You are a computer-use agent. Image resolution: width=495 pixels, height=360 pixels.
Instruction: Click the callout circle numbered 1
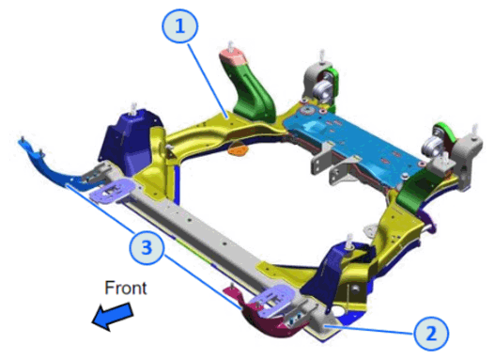coord(180,26)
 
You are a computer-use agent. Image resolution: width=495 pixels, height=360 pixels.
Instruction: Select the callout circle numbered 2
coord(431,334)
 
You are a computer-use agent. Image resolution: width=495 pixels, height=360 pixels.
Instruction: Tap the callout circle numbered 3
coord(147,246)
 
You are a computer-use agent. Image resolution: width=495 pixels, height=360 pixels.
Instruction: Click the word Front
coord(126,288)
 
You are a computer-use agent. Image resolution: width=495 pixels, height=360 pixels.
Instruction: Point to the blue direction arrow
coord(113,316)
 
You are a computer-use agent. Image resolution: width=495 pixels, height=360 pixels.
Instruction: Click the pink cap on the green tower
coord(233,57)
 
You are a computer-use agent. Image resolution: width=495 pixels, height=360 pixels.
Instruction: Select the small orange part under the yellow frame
coord(239,149)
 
